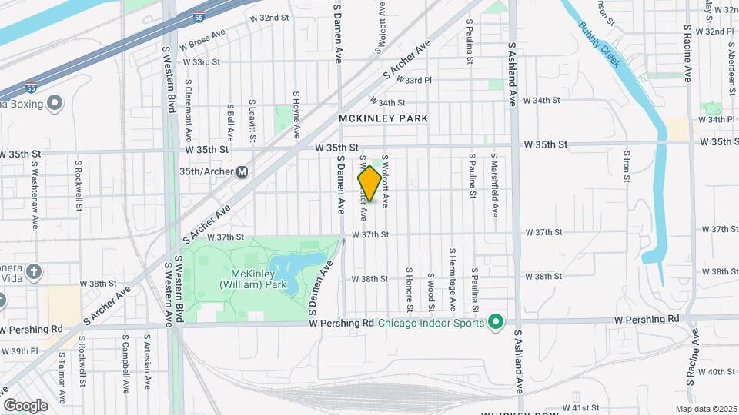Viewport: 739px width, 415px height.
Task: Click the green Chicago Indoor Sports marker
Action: click(x=496, y=322)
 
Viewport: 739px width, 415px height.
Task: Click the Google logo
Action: click(x=25, y=405)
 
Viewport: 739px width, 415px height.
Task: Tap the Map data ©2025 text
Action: click(x=706, y=409)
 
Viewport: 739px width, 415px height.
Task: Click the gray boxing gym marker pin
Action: click(x=55, y=103)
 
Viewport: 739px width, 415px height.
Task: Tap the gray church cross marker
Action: click(x=33, y=271)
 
